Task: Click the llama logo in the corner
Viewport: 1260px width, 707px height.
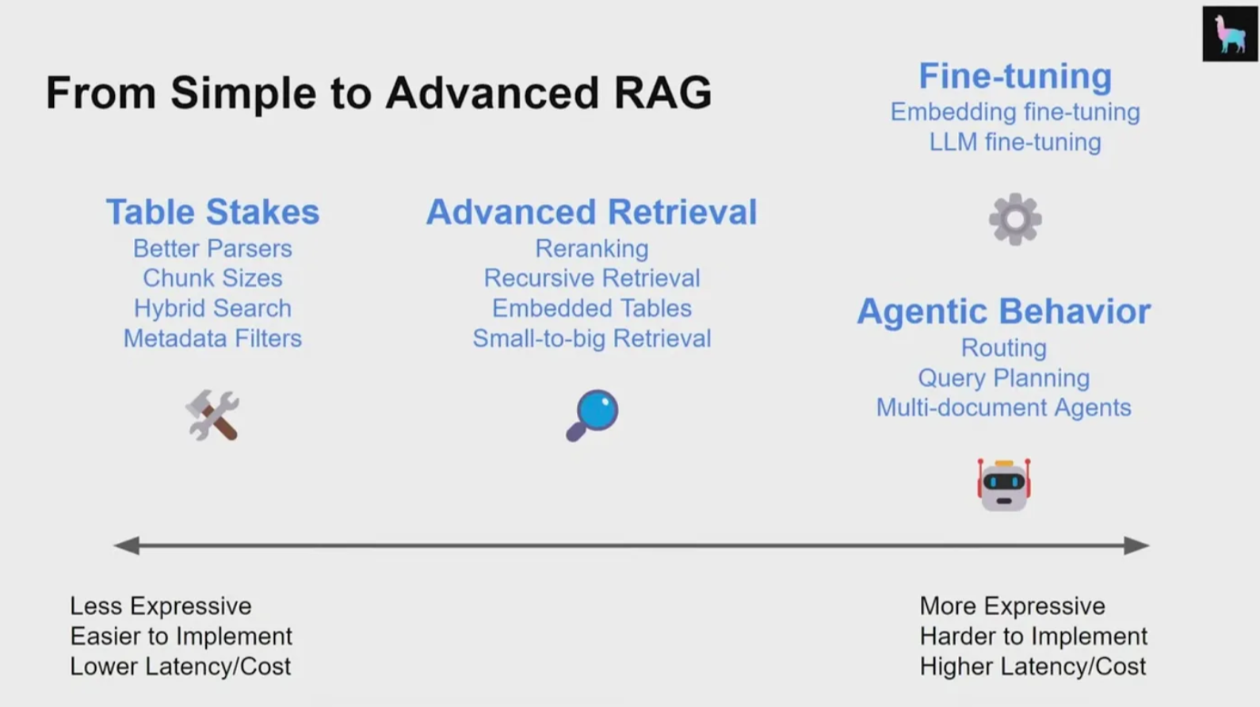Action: (x=1229, y=34)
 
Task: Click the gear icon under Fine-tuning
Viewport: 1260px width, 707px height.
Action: (x=1015, y=220)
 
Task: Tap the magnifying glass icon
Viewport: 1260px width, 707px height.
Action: (x=592, y=415)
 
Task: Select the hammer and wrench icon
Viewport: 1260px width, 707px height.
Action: (x=212, y=415)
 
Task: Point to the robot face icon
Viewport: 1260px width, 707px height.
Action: (x=1003, y=484)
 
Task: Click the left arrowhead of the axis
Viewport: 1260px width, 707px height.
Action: (x=127, y=545)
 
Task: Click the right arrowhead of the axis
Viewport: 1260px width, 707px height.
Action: (x=1136, y=545)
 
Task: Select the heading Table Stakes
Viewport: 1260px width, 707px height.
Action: (x=212, y=212)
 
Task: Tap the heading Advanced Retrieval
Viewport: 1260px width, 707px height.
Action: (x=591, y=212)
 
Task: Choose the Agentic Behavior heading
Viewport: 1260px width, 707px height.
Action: (x=1003, y=311)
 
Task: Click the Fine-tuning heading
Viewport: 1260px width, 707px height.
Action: (x=1015, y=77)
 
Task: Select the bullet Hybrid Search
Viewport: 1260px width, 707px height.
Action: (x=212, y=308)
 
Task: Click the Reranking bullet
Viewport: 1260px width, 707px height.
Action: (x=591, y=249)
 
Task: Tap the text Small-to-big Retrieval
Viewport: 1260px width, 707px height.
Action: (x=591, y=338)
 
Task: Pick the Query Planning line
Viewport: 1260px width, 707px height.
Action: (x=1003, y=378)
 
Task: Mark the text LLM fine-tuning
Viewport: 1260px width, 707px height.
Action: (x=1015, y=143)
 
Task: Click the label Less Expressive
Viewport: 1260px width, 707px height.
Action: (x=161, y=606)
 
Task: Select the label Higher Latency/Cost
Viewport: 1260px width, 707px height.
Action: (x=1033, y=667)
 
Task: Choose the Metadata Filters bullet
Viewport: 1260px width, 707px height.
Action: (x=212, y=338)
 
